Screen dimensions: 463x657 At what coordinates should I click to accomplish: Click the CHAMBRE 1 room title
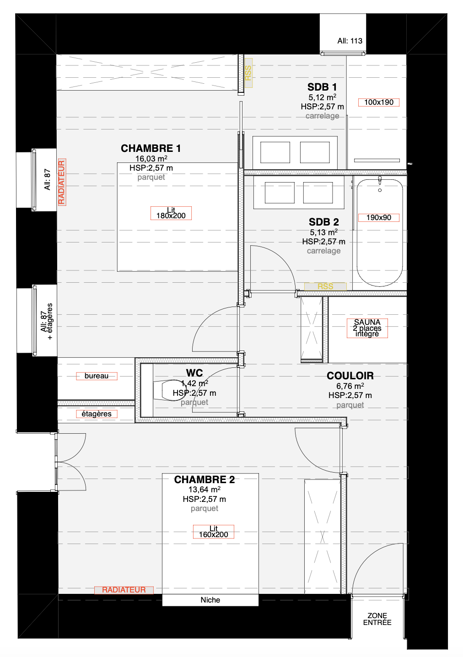click(x=151, y=148)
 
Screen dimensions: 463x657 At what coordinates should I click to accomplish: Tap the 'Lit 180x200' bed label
click(x=171, y=213)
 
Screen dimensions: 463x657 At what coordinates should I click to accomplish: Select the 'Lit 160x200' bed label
click(x=214, y=532)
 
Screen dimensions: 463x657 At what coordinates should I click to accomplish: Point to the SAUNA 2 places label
click(x=367, y=328)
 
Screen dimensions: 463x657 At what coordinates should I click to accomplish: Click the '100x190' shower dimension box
click(x=378, y=102)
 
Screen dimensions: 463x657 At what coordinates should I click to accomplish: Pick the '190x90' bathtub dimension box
click(x=378, y=218)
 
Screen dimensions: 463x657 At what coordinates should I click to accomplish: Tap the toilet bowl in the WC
click(x=169, y=390)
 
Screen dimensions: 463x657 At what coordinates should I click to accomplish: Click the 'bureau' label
click(x=97, y=376)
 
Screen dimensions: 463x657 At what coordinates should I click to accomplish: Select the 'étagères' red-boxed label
click(x=97, y=414)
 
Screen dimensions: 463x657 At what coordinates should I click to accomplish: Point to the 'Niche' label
click(x=210, y=600)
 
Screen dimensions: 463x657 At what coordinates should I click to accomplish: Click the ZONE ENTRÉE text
click(x=377, y=619)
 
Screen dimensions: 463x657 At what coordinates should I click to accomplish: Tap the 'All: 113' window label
click(x=350, y=41)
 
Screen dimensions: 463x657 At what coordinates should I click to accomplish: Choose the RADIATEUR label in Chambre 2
click(x=124, y=590)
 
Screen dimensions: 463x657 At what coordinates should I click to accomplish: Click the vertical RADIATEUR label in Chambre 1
click(x=62, y=182)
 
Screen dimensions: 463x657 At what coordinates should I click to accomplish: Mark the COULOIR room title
click(x=350, y=376)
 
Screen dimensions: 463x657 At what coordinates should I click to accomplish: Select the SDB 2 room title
click(x=324, y=222)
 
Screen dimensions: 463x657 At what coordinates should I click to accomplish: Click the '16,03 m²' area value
click(x=151, y=159)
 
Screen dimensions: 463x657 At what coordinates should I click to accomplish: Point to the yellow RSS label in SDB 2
click(x=325, y=286)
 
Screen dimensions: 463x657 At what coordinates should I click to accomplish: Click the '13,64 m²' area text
click(x=205, y=490)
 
